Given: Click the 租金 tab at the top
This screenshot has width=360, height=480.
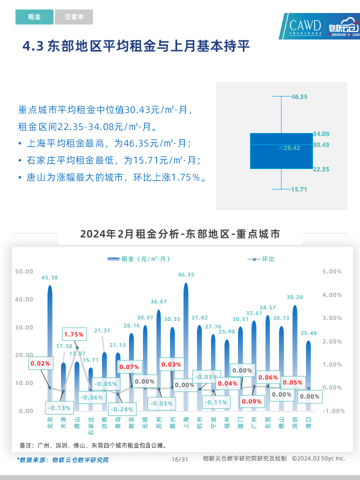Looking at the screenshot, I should click(34, 17).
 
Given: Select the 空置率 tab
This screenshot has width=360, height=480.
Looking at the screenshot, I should click(74, 17).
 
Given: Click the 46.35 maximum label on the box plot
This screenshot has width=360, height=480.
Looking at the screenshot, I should click(299, 96).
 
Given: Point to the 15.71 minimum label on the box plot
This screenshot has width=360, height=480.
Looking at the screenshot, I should click(299, 189).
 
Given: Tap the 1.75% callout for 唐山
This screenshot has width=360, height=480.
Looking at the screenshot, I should click(73, 334).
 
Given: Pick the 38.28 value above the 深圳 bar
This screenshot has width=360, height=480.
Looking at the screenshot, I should click(294, 297).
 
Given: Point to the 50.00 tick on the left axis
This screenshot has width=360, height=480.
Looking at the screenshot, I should click(24, 271).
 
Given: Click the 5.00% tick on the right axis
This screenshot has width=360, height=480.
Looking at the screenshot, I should click(332, 271).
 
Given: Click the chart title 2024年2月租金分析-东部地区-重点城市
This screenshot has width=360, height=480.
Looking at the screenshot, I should click(180, 234).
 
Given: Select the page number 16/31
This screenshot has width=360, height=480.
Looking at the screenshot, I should click(179, 459).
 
